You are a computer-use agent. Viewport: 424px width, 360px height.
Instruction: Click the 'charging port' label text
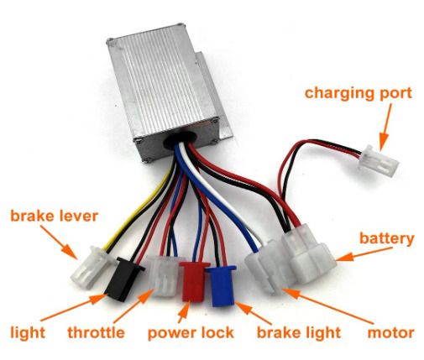359,94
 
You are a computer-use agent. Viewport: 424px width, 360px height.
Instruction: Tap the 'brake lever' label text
54,216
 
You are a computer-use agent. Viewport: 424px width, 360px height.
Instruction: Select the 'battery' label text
386,239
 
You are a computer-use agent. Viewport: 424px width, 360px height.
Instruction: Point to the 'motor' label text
390,333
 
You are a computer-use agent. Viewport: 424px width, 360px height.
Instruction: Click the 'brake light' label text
299,333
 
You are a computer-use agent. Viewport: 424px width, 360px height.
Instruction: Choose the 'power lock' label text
191,333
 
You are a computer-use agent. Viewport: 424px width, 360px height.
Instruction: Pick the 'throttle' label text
96,333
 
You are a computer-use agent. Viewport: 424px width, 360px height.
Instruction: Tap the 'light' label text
28,333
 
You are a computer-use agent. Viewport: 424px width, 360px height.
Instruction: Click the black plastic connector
124,279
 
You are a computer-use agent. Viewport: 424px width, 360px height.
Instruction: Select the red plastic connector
194,281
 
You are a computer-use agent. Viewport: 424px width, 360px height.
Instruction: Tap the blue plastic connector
221,285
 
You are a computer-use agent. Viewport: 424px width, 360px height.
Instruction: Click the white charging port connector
380,161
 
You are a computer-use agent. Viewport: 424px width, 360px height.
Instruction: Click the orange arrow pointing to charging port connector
385,127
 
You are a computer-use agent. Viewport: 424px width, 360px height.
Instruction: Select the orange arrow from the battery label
364,254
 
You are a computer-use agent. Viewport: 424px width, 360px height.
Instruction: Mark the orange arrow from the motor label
328,305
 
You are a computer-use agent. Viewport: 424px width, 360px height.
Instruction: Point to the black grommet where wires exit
180,138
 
